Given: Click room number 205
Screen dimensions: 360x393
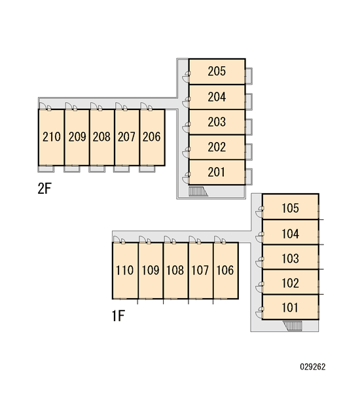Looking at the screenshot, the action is tap(217, 71).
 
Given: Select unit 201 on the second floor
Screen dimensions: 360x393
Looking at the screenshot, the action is tap(217, 172).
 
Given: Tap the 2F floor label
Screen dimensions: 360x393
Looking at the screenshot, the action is tap(45, 189).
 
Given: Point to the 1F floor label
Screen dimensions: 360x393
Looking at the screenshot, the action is tap(118, 316).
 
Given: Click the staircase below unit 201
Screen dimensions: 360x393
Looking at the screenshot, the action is tap(198, 191).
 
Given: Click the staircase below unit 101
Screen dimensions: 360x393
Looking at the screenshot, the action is tap(293, 326).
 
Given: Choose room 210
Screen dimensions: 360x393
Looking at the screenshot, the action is tap(51, 138).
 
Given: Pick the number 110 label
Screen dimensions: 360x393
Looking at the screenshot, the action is tap(124, 270).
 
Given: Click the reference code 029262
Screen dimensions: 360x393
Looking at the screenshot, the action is tap(313, 367).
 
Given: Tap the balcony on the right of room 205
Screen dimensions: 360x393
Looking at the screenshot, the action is tap(249, 76).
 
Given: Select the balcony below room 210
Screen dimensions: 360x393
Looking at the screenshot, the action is tap(46, 169).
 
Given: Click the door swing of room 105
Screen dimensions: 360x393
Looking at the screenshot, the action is tap(259, 212).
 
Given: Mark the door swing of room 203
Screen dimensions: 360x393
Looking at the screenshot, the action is tap(186, 127).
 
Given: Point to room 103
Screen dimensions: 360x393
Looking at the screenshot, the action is tap(291, 257).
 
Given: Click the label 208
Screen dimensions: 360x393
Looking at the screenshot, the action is tap(101, 137).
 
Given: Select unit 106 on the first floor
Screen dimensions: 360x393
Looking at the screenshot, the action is tap(226, 271).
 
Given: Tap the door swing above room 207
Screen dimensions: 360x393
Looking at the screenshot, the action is tap(121, 106).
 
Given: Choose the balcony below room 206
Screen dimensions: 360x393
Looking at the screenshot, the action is tap(147, 169).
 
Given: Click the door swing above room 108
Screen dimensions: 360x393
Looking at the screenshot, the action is tap(170, 240).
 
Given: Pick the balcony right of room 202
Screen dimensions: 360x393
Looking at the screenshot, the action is tap(249, 152).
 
